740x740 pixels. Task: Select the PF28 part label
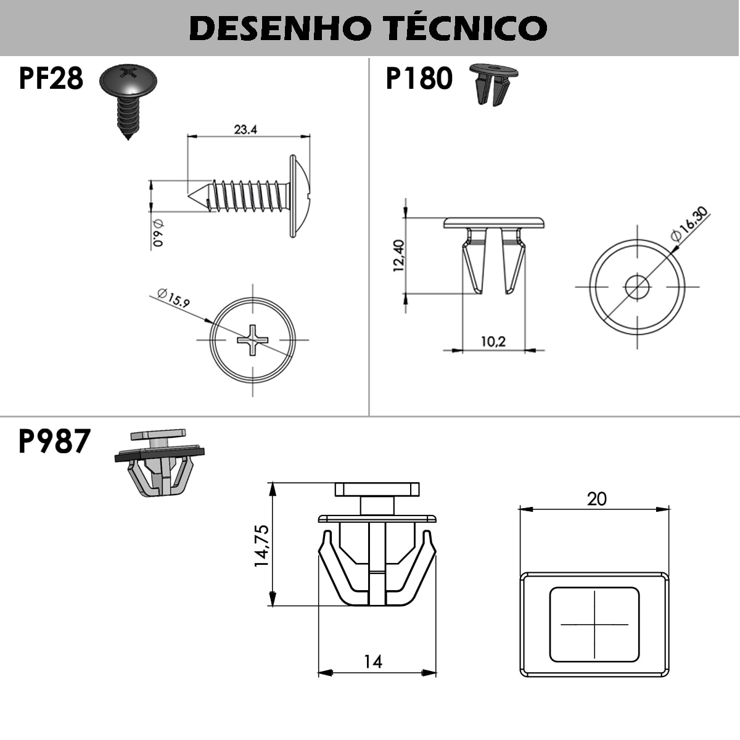[x=51, y=79]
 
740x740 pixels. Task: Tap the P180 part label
[x=419, y=79]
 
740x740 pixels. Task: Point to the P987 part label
[x=54, y=442]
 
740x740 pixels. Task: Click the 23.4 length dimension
[x=245, y=129]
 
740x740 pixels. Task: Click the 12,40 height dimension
[x=398, y=255]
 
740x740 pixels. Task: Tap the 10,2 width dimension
[x=493, y=341]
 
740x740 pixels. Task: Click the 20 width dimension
[x=596, y=498]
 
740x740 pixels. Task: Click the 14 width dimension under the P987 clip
[x=372, y=662]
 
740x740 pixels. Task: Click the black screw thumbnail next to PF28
[x=128, y=99]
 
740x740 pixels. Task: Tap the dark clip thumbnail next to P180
[x=493, y=84]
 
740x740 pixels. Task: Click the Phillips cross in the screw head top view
[x=253, y=339]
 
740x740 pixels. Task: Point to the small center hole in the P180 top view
[x=637, y=286]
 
